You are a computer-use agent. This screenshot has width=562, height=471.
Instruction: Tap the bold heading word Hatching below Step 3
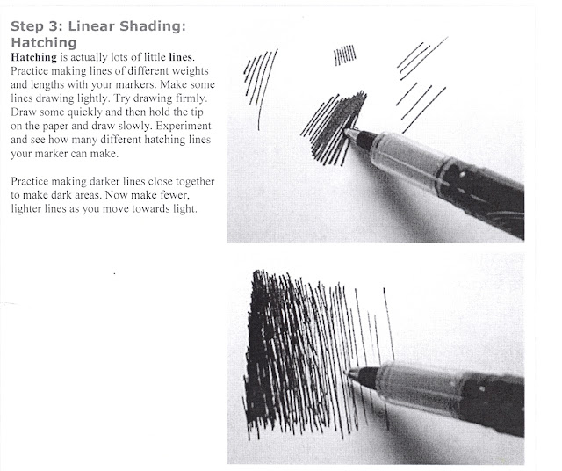[x=45, y=41]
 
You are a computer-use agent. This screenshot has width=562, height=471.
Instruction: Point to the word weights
[x=184, y=70]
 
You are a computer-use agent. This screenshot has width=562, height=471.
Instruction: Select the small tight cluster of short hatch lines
[x=345, y=56]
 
